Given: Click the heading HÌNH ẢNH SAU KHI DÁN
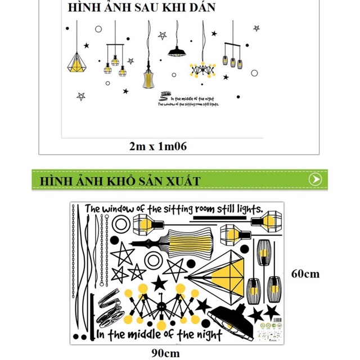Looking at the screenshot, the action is click(x=141, y=8).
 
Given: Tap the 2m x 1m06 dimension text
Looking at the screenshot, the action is click(x=157, y=146).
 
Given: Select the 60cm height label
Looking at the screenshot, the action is click(x=305, y=274).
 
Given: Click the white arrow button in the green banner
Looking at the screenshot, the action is click(x=316, y=179).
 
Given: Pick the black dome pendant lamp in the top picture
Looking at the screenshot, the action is click(x=176, y=52).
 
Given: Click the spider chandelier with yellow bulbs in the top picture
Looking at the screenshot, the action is click(x=202, y=69).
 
